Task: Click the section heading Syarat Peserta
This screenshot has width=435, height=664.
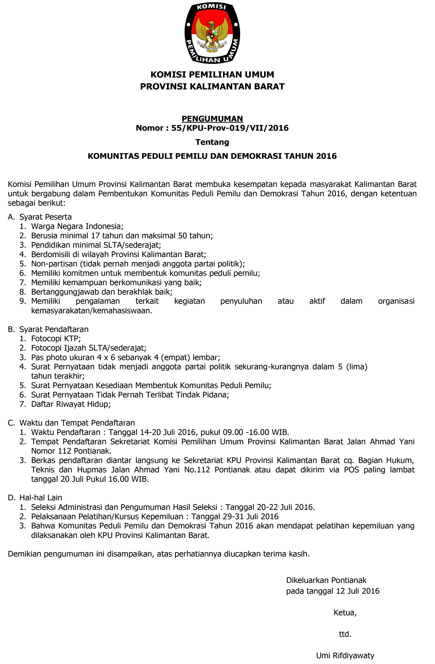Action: pyautogui.click(x=45, y=217)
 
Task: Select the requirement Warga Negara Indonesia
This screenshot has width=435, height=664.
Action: pyautogui.click(x=77, y=226)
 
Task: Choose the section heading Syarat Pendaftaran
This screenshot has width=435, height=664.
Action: pyautogui.click(x=54, y=329)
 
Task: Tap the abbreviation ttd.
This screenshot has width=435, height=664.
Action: pyautogui.click(x=345, y=634)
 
